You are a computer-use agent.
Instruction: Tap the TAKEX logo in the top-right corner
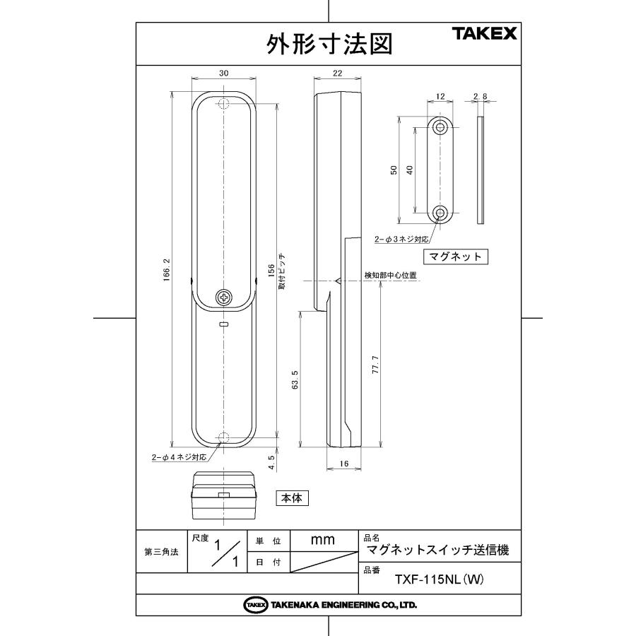click(x=485, y=33)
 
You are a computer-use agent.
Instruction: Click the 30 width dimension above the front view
click(x=224, y=73)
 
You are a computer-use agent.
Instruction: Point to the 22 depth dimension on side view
click(x=337, y=73)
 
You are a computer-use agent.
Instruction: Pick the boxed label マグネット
click(x=456, y=257)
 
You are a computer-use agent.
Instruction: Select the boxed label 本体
click(x=292, y=498)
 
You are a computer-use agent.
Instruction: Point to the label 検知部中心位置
click(x=389, y=275)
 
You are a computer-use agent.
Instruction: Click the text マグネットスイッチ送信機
click(x=437, y=549)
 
